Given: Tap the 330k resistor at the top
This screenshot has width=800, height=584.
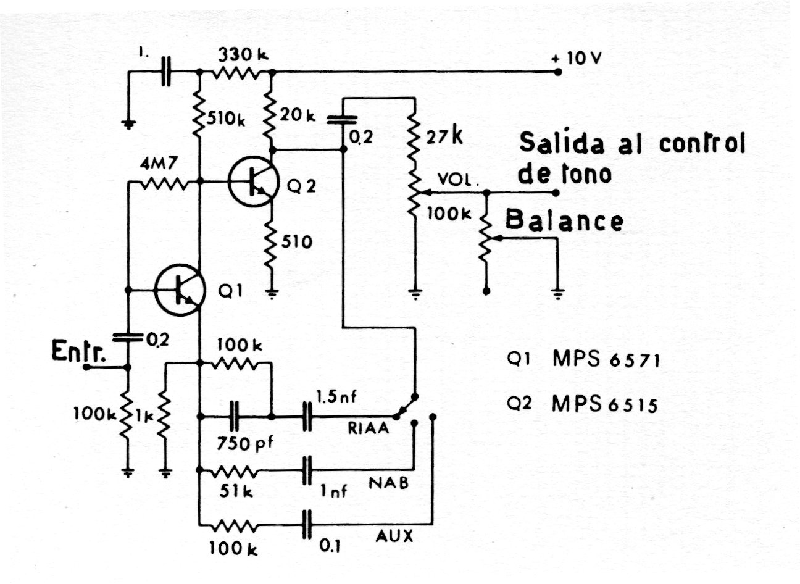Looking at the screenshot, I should (x=235, y=73).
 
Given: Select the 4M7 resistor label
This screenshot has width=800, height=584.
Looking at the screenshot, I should (x=159, y=165).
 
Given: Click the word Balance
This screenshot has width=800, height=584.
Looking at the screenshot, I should (x=564, y=220).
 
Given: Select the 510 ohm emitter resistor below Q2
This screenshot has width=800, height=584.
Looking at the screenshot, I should (x=271, y=247).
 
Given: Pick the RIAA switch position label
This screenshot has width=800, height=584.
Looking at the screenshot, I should (x=369, y=427).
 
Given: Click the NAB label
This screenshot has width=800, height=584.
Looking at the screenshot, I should (x=389, y=483).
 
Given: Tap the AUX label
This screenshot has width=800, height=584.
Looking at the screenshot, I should (x=395, y=536).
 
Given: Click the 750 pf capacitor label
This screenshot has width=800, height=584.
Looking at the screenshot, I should (x=242, y=443).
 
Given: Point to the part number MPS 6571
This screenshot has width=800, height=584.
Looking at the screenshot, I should (x=606, y=359).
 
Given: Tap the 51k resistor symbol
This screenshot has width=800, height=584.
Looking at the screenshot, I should (x=234, y=472).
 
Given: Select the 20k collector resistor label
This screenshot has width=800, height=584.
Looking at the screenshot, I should (x=298, y=115).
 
